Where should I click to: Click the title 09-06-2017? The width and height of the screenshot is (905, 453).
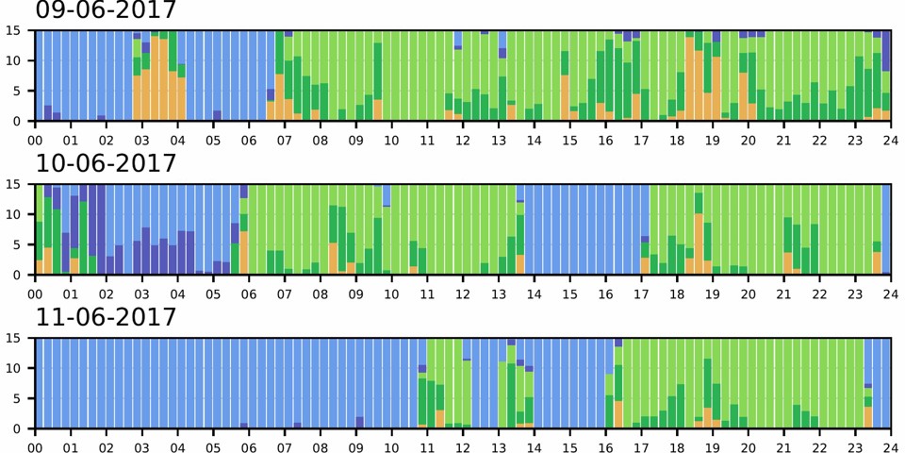tap(106, 11)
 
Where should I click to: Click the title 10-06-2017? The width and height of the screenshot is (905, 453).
tap(106, 164)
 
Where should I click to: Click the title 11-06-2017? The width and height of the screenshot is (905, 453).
tap(106, 318)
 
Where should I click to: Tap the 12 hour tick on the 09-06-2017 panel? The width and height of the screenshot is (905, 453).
tap(463, 139)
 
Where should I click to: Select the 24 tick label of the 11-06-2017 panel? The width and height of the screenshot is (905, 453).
tap(890, 446)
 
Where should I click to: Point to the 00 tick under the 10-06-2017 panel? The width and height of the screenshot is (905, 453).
tap(36, 293)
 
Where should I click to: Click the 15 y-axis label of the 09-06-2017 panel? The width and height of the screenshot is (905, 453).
tap(14, 30)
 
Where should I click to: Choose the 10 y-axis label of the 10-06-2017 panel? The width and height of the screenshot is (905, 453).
tap(14, 214)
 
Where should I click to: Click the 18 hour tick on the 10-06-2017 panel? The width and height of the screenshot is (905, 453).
tap(677, 293)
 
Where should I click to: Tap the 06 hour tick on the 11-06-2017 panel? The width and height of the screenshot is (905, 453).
tap(250, 446)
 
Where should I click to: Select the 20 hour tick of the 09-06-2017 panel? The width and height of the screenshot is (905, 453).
tap(748, 139)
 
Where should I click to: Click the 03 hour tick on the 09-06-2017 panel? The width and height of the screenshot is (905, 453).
tap(142, 139)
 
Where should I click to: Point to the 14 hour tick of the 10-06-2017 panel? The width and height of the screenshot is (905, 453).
tap(535, 293)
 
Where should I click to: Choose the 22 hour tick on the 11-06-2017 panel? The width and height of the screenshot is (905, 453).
tap(819, 446)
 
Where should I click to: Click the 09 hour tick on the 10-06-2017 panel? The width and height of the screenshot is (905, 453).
tap(356, 293)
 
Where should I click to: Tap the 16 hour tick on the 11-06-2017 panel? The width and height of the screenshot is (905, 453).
tap(605, 446)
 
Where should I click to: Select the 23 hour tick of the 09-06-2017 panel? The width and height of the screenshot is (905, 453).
tap(855, 139)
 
